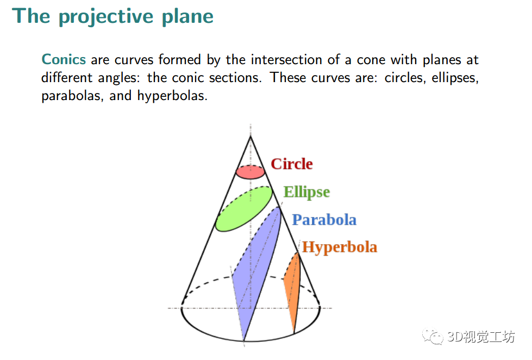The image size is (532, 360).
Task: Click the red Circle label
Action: pyautogui.click(x=291, y=164)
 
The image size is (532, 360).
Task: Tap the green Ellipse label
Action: pyautogui.click(x=306, y=192)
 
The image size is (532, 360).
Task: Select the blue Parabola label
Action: pyautogui.click(x=324, y=220)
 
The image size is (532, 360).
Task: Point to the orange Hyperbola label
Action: pyautogui.click(x=340, y=247)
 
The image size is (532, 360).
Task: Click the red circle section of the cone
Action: pyautogui.click(x=251, y=172)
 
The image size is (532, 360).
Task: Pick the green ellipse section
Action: pyautogui.click(x=245, y=209)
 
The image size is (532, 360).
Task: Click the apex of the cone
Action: pyautogui.click(x=251, y=136)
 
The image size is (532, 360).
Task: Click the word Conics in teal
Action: pyautogui.click(x=64, y=59)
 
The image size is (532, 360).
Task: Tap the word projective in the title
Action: pyautogui.click(x=106, y=16)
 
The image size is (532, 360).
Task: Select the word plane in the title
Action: pyautogui.click(x=187, y=16)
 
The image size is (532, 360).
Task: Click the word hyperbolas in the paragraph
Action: pyautogui.click(x=172, y=96)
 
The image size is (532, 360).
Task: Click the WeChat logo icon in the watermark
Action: pyautogui.click(x=433, y=336)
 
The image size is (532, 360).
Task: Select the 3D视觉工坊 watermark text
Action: pyautogui.click(x=481, y=337)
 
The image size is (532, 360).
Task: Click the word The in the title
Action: pyautogui.click(x=31, y=16)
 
